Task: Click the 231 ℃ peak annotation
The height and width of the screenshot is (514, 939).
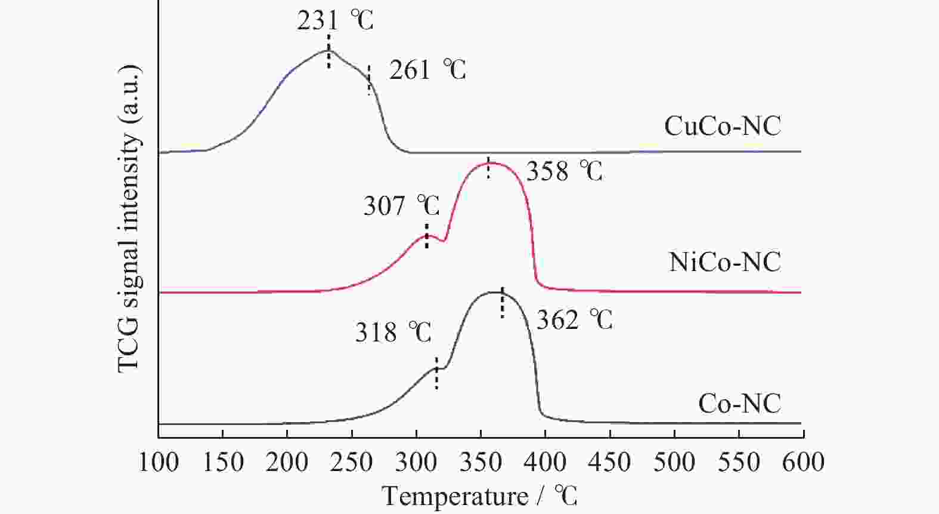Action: click(x=335, y=20)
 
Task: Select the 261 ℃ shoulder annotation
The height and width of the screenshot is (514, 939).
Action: click(x=427, y=70)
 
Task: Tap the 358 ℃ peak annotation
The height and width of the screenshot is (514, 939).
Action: click(x=564, y=171)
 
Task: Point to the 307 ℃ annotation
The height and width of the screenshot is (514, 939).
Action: click(x=401, y=207)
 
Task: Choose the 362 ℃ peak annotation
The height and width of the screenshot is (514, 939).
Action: click(x=574, y=321)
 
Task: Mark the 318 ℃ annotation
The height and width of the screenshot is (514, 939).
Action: click(x=393, y=332)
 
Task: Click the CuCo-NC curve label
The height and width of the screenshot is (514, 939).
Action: click(x=722, y=126)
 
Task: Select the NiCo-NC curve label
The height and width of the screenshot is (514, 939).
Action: click(x=724, y=262)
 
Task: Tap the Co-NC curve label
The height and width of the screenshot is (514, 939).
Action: click(x=739, y=404)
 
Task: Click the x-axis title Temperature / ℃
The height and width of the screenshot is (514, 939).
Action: click(x=479, y=496)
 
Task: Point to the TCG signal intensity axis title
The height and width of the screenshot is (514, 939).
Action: click(x=129, y=218)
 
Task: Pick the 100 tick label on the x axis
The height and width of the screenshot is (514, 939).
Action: click(x=159, y=463)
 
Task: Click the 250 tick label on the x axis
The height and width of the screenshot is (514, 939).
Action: click(x=352, y=463)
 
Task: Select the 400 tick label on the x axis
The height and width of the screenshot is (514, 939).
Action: click(x=545, y=463)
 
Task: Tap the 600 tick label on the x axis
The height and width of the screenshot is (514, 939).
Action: click(x=803, y=463)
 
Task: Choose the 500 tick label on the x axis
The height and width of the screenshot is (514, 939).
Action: click(x=674, y=463)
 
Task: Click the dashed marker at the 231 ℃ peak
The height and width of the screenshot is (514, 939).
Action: click(x=329, y=51)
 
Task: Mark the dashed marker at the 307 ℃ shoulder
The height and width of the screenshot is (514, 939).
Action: click(x=426, y=236)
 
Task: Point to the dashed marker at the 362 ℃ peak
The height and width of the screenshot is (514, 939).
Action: click(x=503, y=303)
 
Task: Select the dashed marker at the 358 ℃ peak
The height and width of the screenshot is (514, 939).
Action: click(x=488, y=168)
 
